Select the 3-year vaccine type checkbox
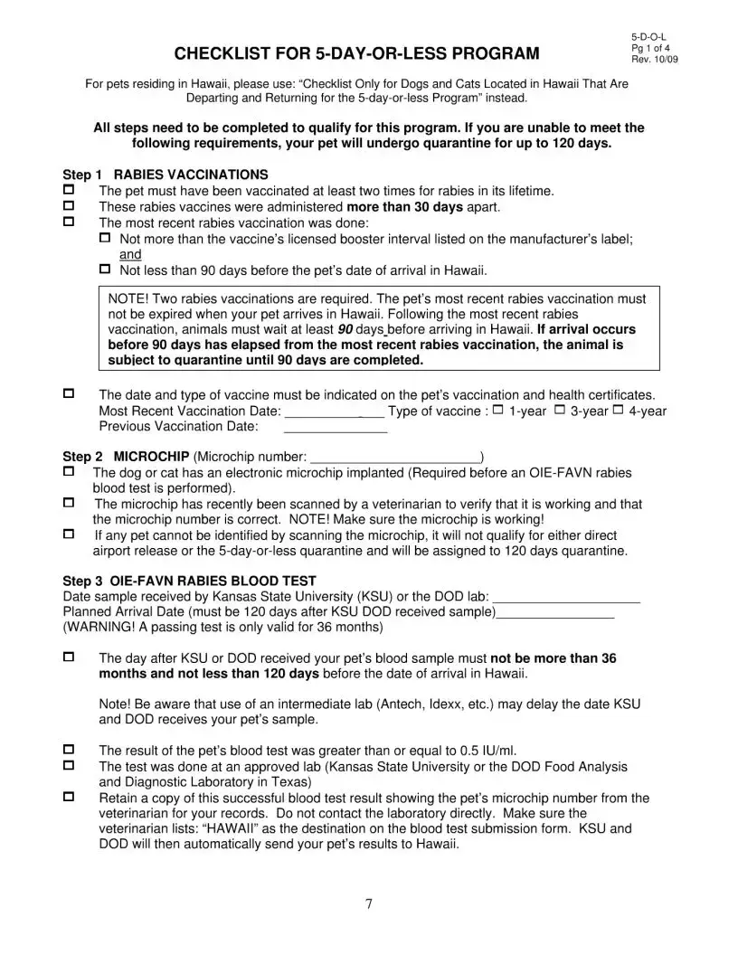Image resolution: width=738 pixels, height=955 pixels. tap(560, 411)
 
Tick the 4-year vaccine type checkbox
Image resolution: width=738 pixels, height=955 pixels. tap(619, 411)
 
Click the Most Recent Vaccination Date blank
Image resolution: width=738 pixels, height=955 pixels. tap(335, 412)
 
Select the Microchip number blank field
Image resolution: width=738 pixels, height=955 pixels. tap(395, 458)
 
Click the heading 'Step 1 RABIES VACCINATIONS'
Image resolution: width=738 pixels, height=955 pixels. tap(166, 175)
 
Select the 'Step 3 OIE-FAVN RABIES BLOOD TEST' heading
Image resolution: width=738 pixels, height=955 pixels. tap(190, 581)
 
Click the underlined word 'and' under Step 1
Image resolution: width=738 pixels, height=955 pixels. tap(130, 255)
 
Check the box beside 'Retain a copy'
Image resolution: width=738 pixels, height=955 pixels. tap(68, 798)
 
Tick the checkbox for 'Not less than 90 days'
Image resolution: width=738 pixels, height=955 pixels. tap(103, 269)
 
